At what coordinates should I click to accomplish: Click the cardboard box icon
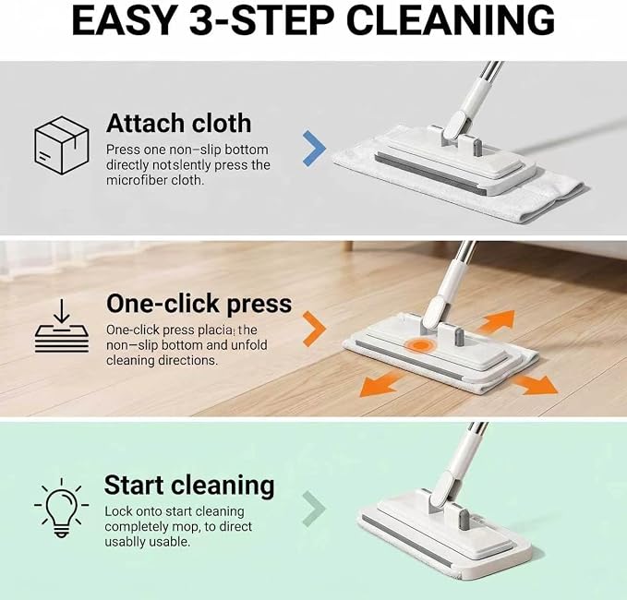pyautogui.click(x=61, y=145)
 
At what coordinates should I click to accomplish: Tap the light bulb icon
pyautogui.click(x=61, y=508)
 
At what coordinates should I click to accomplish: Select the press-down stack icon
pyautogui.click(x=62, y=326)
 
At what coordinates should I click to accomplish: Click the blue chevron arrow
pyautogui.click(x=314, y=148)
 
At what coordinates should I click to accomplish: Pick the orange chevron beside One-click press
pyautogui.click(x=314, y=329)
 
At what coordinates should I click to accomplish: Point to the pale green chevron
pyautogui.click(x=314, y=509)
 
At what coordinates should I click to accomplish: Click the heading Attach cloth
pyautogui.click(x=179, y=123)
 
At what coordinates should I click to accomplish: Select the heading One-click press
pyautogui.click(x=199, y=304)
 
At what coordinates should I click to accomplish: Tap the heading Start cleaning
pyautogui.click(x=189, y=486)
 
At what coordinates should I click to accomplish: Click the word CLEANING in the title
pyautogui.click(x=451, y=20)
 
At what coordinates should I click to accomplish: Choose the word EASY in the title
pyautogui.click(x=124, y=20)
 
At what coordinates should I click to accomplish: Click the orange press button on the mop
pyautogui.click(x=419, y=345)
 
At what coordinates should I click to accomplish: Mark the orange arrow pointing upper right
pyautogui.click(x=496, y=320)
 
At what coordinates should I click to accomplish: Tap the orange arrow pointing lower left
pyautogui.click(x=380, y=384)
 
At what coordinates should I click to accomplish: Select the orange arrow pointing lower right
pyautogui.click(x=537, y=384)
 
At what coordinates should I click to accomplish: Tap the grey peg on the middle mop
pyautogui.click(x=458, y=337)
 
